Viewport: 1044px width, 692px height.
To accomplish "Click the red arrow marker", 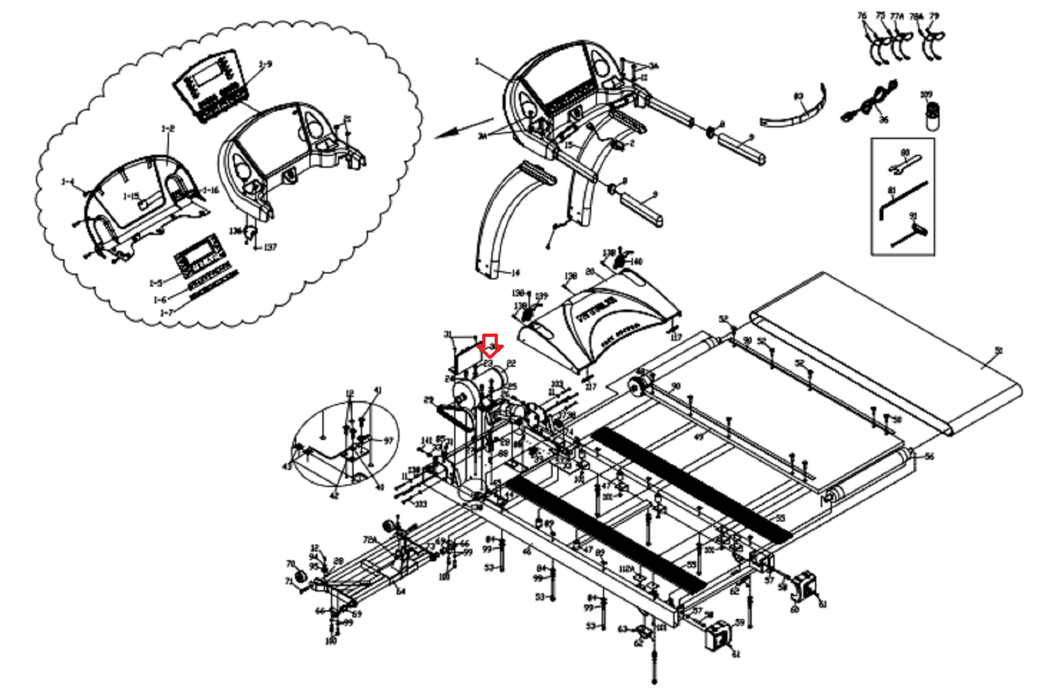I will tap(490, 345).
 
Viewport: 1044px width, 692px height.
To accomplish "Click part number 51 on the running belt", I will tap(998, 351).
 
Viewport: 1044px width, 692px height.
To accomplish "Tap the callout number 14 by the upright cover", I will tap(515, 274).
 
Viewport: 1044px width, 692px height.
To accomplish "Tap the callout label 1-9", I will tap(265, 65).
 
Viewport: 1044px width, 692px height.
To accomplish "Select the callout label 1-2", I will tap(168, 129).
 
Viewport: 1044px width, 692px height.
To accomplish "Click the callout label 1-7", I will tap(167, 313).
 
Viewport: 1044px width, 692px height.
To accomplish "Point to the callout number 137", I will tap(269, 247).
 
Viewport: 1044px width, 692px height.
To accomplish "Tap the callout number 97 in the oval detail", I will tap(388, 441).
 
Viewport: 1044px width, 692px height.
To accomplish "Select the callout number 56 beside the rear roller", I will tap(929, 456).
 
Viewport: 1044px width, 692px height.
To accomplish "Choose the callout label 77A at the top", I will tap(897, 16).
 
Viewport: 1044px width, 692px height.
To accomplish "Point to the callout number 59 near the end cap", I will tap(739, 622).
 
